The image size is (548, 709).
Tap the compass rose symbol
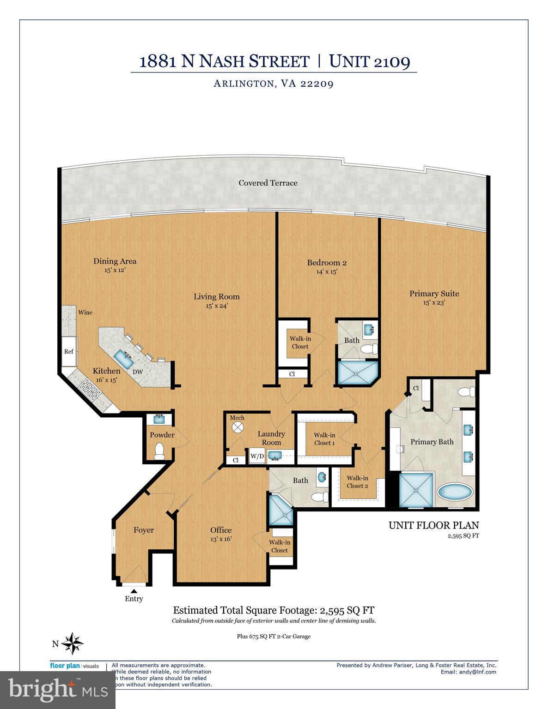point(72,643)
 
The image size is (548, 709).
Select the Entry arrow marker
point(134,590)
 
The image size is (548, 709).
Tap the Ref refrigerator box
point(69,351)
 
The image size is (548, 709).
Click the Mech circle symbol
point(237,427)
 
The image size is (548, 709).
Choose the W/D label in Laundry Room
point(257,457)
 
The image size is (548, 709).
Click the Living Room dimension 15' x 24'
point(217,306)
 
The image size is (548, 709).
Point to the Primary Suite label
point(434,294)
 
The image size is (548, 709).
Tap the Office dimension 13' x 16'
point(221,539)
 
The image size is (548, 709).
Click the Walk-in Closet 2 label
point(357,482)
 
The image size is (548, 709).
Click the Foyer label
point(144,530)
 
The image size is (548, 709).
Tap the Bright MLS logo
point(57,690)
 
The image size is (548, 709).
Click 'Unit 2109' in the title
point(370,61)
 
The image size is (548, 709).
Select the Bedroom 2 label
point(327,263)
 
